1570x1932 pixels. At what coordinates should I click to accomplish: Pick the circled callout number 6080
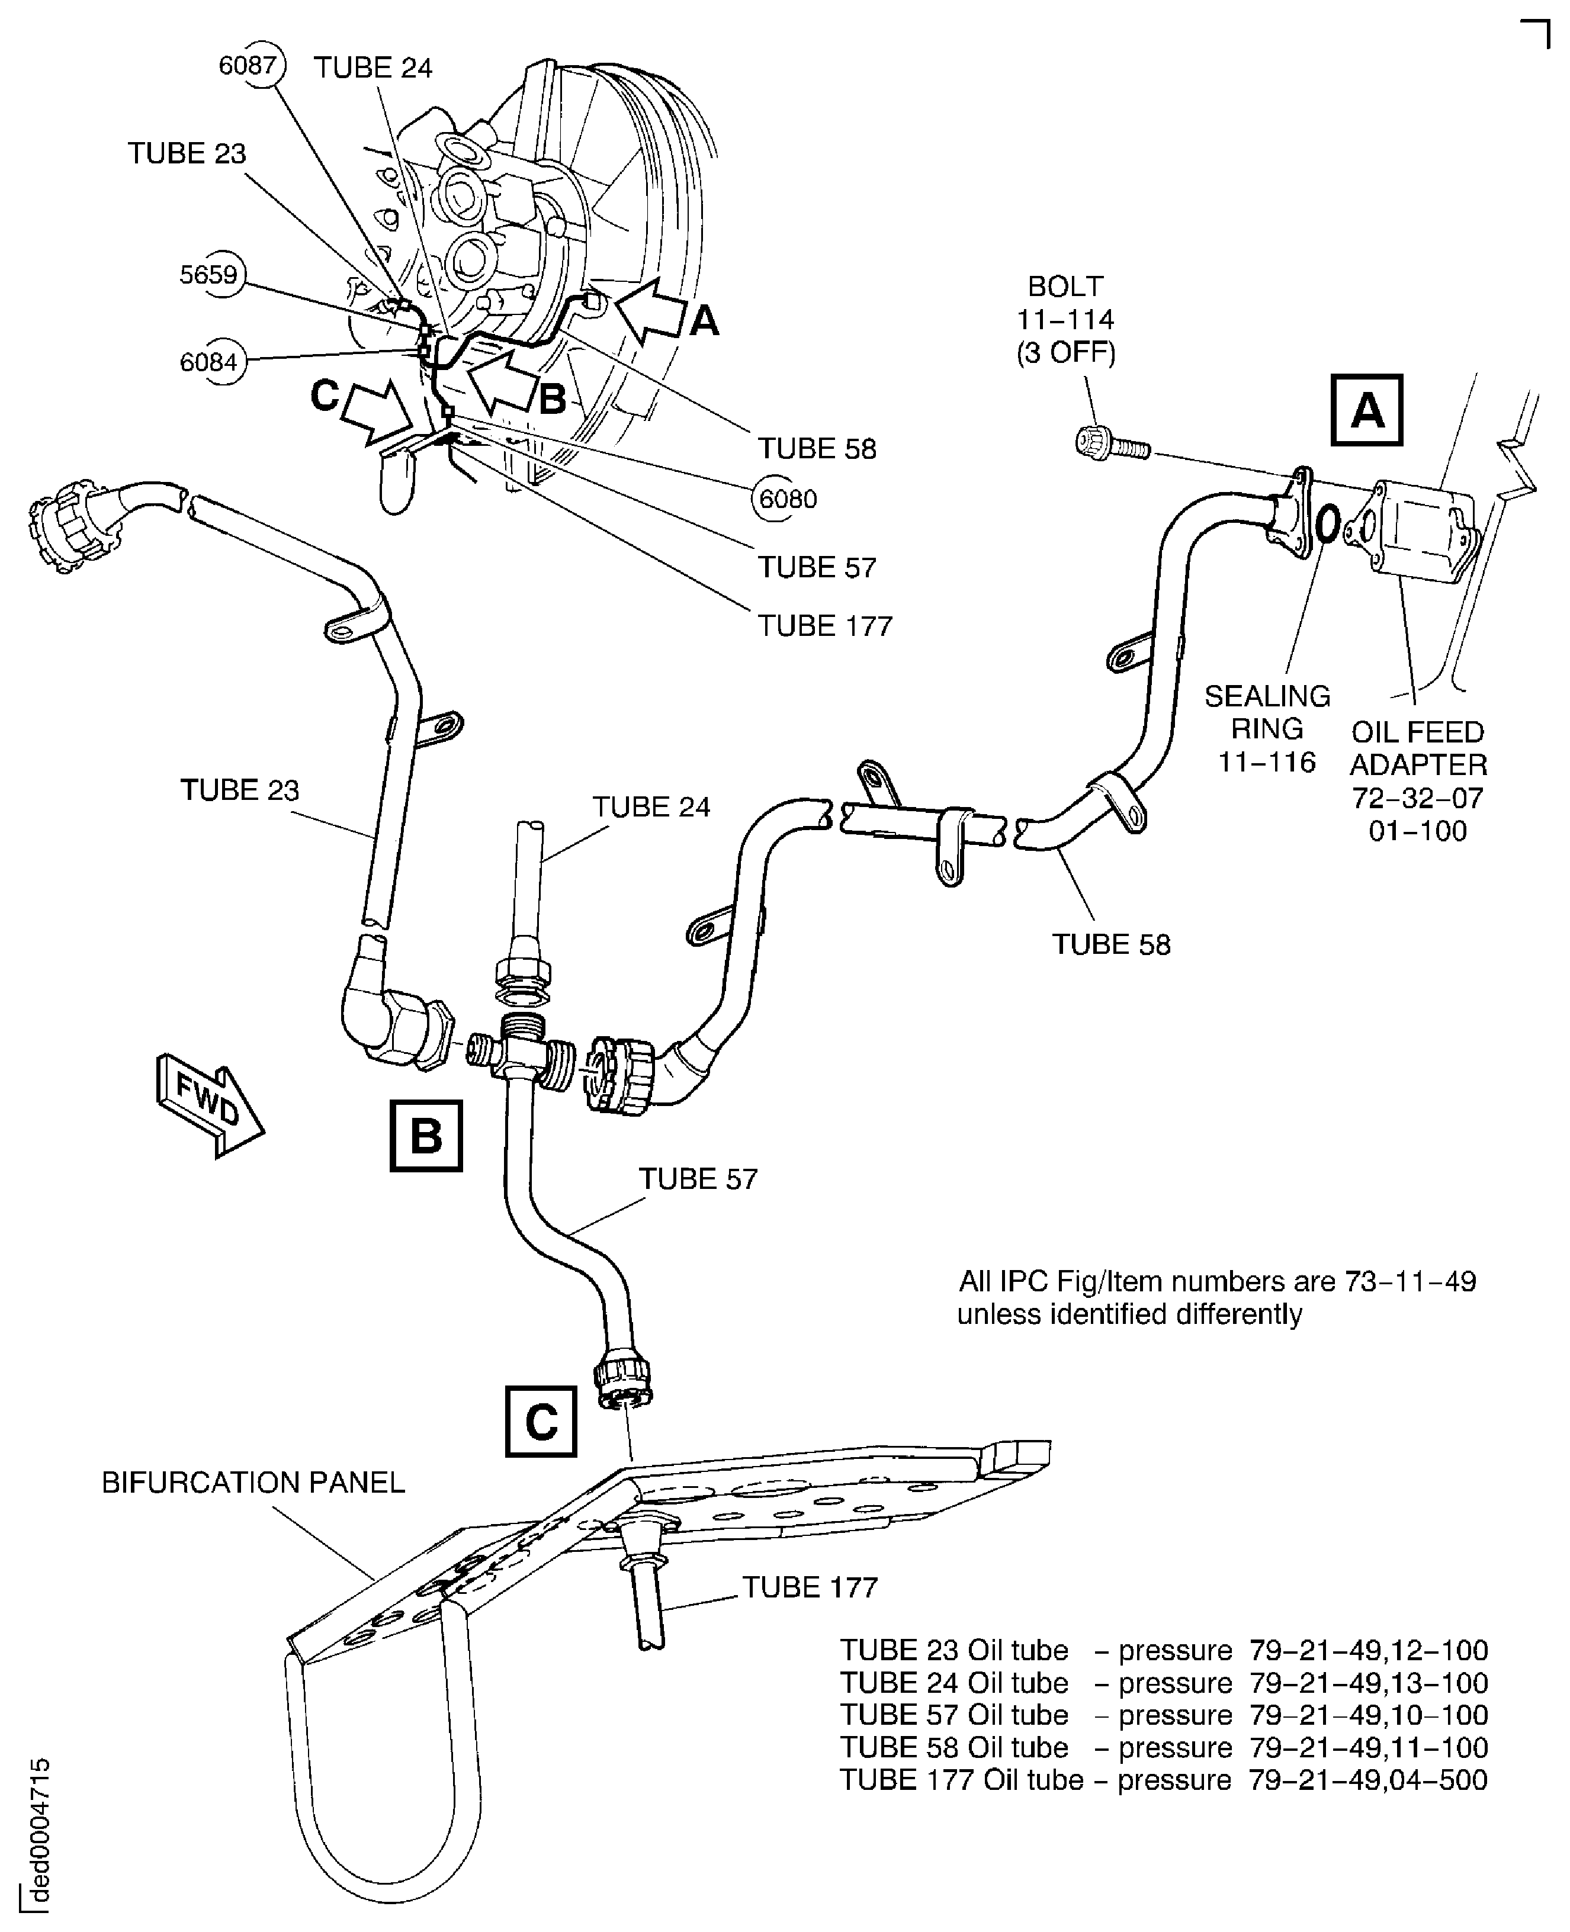click(787, 499)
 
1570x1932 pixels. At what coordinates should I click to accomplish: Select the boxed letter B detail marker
click(426, 1136)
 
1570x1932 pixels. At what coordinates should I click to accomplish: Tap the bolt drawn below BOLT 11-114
click(1110, 444)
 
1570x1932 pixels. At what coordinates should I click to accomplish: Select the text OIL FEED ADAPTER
click(1418, 748)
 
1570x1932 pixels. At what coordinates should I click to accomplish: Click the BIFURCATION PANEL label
click(253, 1483)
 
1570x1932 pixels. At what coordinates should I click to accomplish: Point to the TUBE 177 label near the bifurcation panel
click(810, 1587)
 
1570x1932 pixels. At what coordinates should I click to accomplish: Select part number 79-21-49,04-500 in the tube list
click(1367, 1779)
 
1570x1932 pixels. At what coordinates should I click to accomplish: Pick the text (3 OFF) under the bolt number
click(1065, 352)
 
